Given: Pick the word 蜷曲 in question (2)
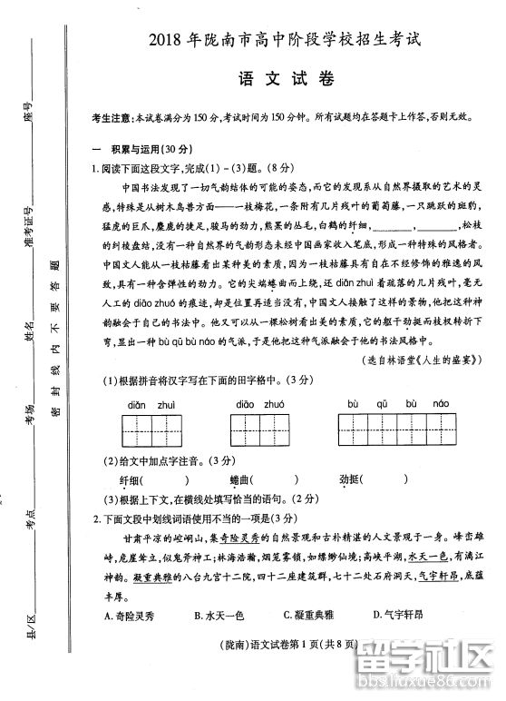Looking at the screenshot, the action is click(x=240, y=479).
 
